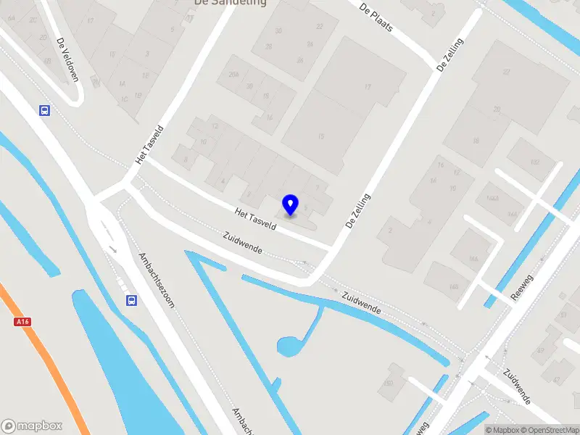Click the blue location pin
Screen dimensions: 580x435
click(x=291, y=204)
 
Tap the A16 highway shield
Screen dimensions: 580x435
click(x=21, y=321)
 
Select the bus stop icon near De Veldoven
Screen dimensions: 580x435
click(x=45, y=110)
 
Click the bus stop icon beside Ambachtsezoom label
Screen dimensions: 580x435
click(x=131, y=300)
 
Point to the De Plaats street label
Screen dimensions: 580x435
click(x=376, y=17)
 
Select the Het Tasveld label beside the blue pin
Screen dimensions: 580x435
click(x=256, y=219)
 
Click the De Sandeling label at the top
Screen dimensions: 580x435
click(x=230, y=3)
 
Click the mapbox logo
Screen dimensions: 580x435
click(x=32, y=426)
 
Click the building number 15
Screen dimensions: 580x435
click(x=320, y=136)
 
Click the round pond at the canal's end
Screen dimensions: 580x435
click(x=290, y=347)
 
